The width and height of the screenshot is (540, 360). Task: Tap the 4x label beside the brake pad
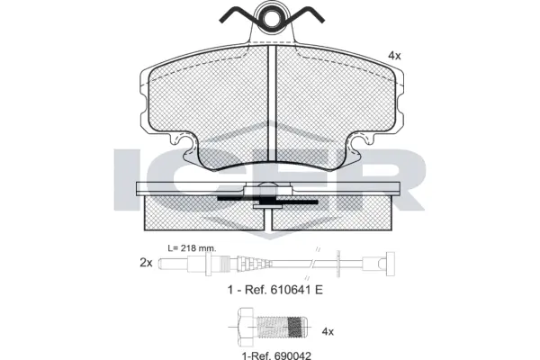click(x=393, y=56)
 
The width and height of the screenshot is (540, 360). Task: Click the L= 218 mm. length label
click(x=193, y=247)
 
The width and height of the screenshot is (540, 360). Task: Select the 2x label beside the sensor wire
click(x=145, y=263)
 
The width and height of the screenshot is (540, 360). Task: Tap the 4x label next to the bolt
click(x=328, y=331)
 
